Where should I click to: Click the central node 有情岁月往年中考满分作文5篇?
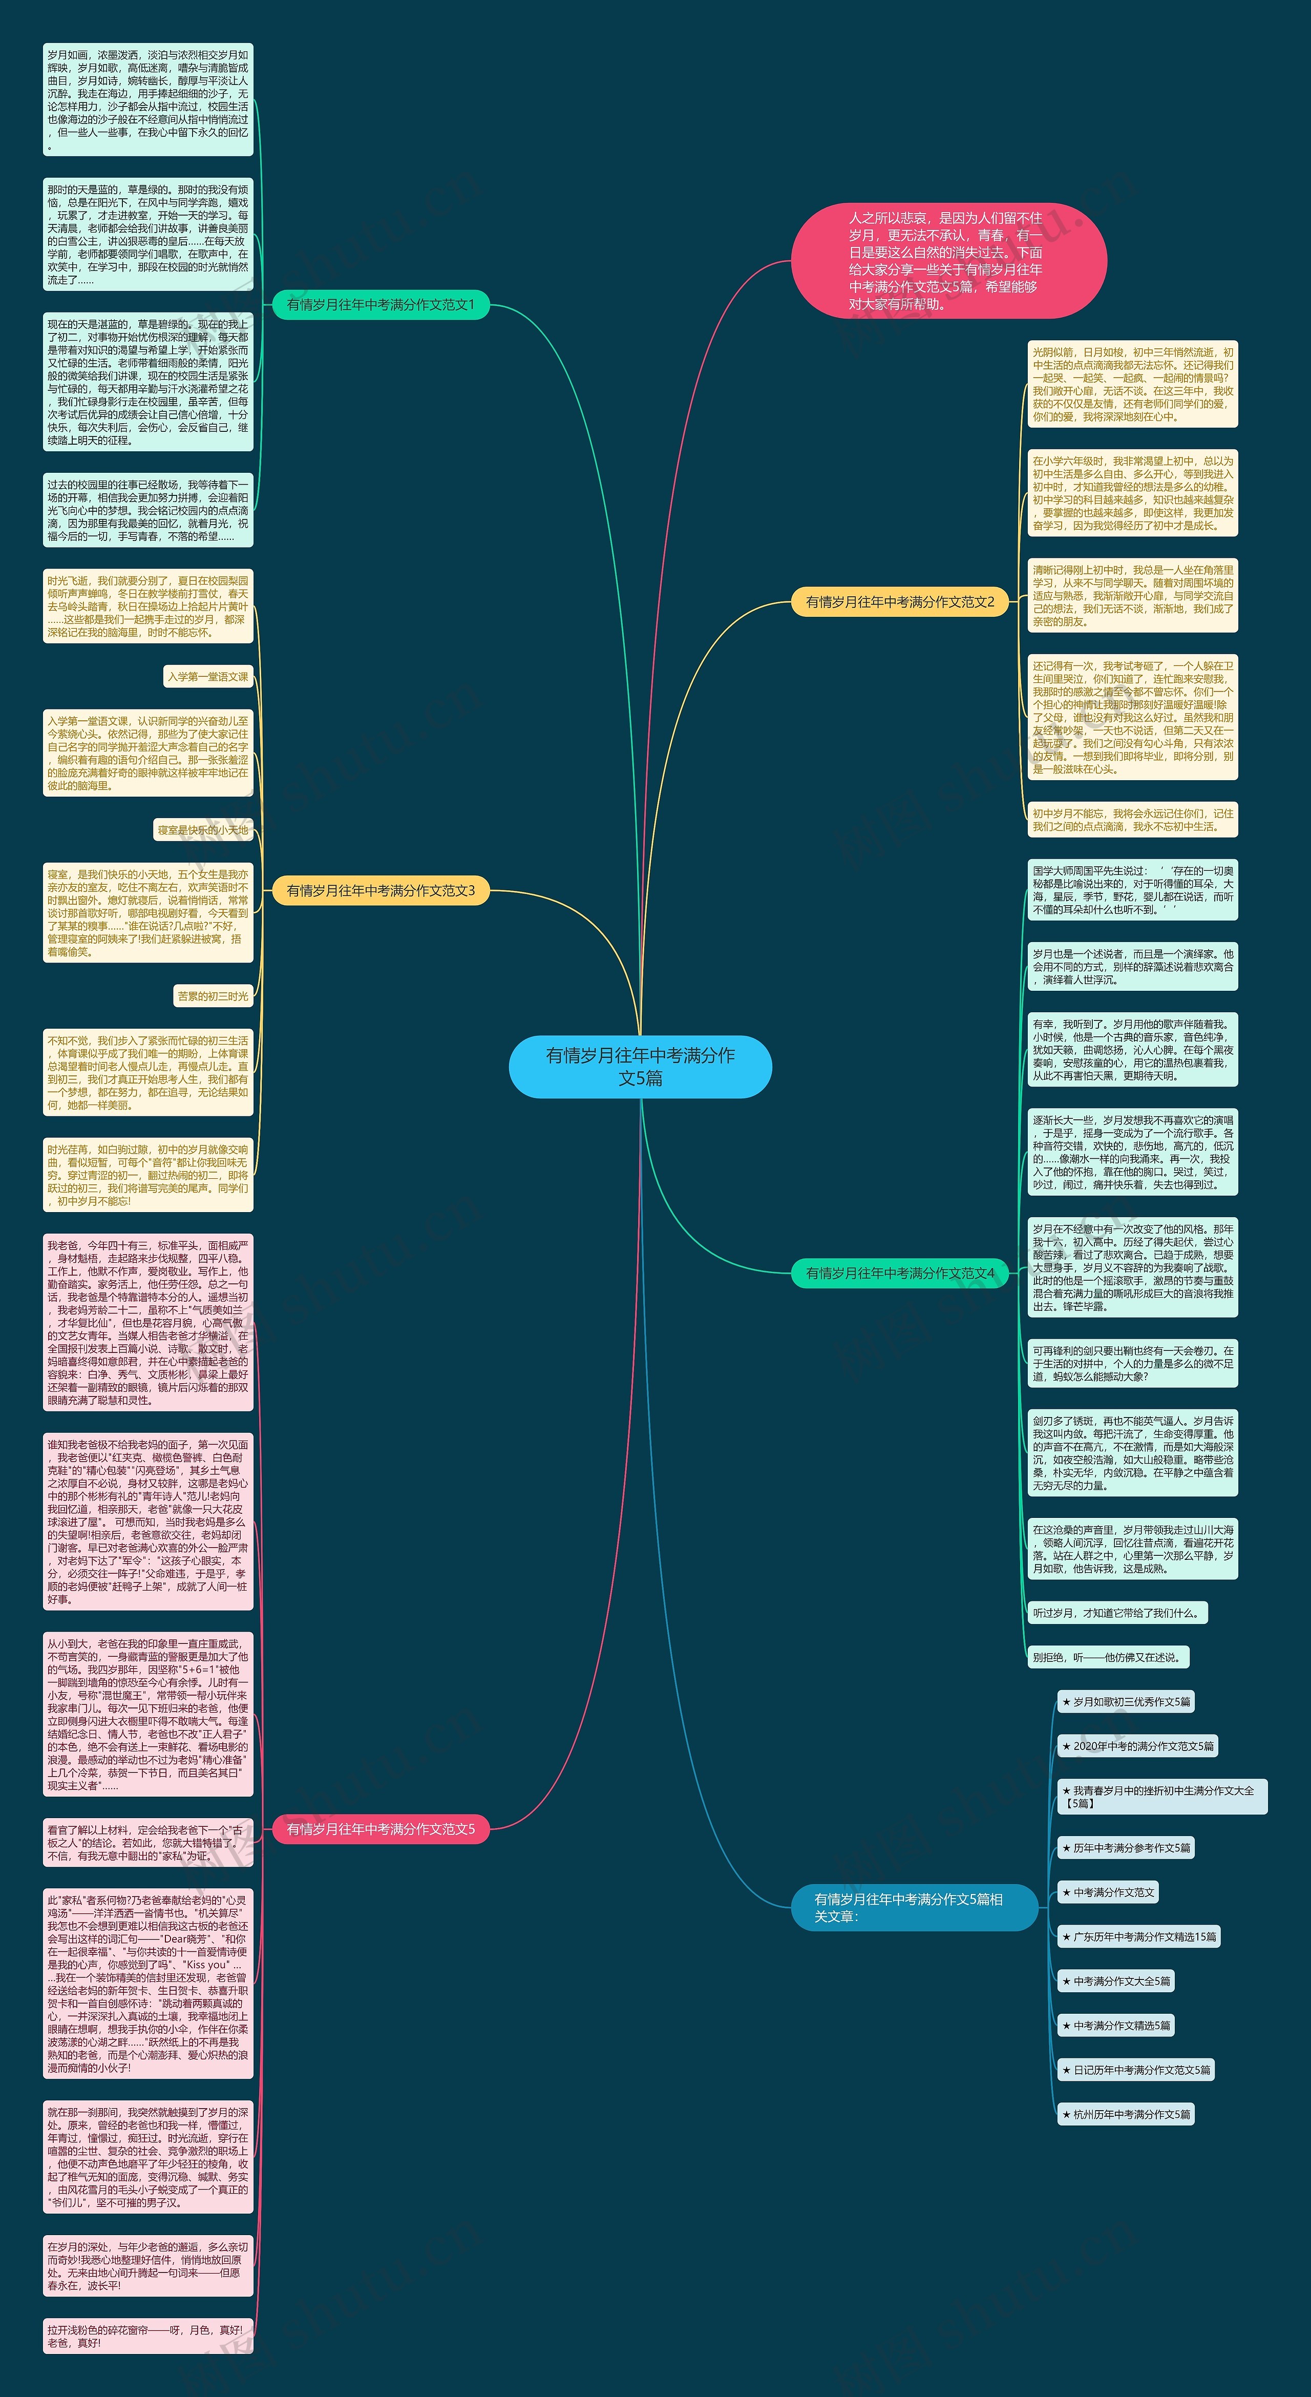640,1067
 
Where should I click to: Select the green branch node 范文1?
380,304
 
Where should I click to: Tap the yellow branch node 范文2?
900,602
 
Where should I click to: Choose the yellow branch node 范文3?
380,890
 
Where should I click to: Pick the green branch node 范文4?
900,1273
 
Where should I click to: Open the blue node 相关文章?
914,1908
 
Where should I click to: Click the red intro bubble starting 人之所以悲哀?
948,261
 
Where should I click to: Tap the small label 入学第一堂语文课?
208,677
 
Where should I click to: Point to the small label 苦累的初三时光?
213,996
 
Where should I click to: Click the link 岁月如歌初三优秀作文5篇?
1126,1702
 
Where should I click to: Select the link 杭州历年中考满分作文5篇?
1126,2114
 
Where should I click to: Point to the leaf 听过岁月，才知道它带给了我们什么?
1116,1613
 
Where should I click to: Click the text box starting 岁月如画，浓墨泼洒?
148,99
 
